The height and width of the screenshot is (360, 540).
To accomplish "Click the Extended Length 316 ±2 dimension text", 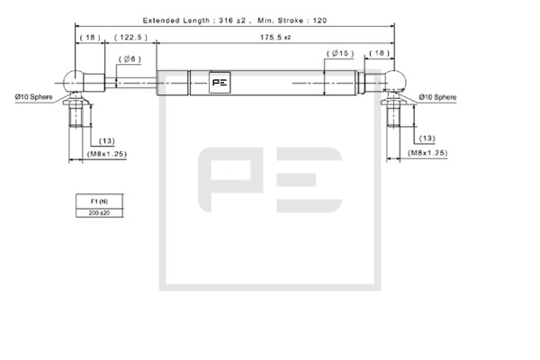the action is pyautogui.click(x=194, y=21).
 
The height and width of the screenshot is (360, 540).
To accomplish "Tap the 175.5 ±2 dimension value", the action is pyautogui.click(x=275, y=37).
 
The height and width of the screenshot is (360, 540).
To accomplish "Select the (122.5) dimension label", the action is pyautogui.click(x=130, y=37).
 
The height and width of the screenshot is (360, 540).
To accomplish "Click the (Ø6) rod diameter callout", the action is pyautogui.click(x=130, y=59).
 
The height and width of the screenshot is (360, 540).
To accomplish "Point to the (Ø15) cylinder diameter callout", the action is pyautogui.click(x=340, y=53).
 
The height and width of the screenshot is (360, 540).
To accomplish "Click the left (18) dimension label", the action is pyautogui.click(x=90, y=37).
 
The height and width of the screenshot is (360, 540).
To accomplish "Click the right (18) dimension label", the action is pyautogui.click(x=379, y=53).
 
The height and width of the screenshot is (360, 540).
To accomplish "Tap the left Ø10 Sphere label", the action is pyautogui.click(x=34, y=97).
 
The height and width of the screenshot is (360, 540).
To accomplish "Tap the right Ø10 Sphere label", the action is pyautogui.click(x=437, y=97).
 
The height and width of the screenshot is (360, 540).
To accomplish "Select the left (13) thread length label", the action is pyautogui.click(x=107, y=141).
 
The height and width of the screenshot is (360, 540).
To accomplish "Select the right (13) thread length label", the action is pyautogui.click(x=427, y=138).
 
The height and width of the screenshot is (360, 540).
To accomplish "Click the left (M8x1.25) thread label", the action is pyautogui.click(x=107, y=154).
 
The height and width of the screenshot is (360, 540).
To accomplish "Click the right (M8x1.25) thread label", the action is pyautogui.click(x=427, y=153).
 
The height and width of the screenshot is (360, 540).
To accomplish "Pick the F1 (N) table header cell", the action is pyautogui.click(x=99, y=202).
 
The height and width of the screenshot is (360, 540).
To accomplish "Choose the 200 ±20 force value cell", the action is pyautogui.click(x=99, y=213).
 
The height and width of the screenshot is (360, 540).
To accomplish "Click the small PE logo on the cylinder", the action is pyautogui.click(x=220, y=83).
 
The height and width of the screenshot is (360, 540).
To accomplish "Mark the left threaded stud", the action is pyautogui.click(x=76, y=114).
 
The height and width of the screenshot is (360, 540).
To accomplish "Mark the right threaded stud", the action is pyautogui.click(x=393, y=114).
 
